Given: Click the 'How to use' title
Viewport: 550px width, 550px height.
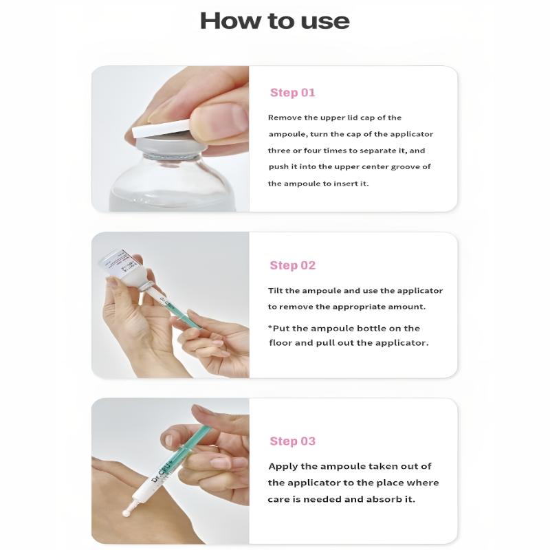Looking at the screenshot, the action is [274, 21].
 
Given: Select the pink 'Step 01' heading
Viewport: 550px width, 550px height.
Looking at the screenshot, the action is [293, 93].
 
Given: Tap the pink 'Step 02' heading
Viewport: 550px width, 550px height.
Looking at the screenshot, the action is [293, 265].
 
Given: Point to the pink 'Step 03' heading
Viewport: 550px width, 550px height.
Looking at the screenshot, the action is [293, 441].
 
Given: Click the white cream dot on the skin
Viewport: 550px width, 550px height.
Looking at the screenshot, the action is [126, 512].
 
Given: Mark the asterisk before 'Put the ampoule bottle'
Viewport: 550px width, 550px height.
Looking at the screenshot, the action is [270, 327].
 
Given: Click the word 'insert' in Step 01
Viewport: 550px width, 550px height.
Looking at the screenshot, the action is [346, 184].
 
